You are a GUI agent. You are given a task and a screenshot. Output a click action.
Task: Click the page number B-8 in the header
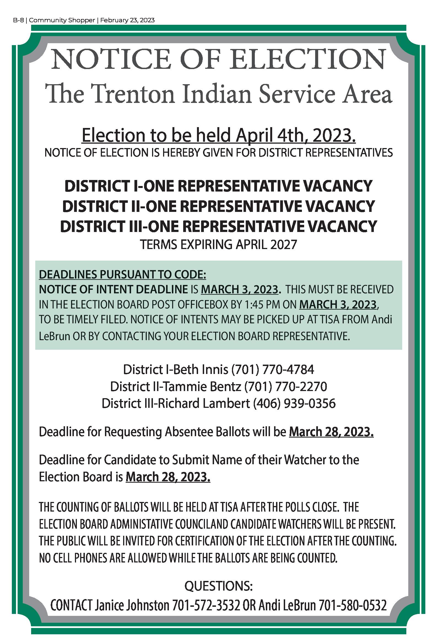click(18, 20)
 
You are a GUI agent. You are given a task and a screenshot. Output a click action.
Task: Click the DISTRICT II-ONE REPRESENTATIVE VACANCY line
click(218, 206)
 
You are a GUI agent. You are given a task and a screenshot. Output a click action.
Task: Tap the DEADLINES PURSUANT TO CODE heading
click(122, 275)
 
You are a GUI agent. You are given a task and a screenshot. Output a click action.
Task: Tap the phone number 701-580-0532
click(353, 606)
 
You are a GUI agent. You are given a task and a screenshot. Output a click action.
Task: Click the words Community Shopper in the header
click(62, 20)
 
